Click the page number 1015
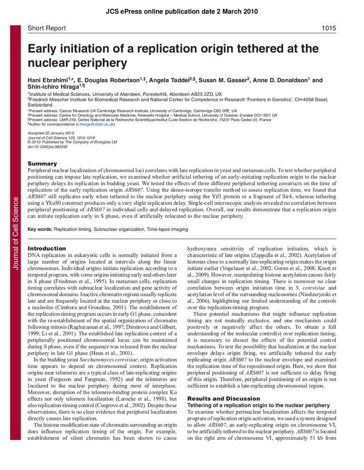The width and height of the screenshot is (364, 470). (329, 28)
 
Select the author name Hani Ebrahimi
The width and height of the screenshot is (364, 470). (47, 80)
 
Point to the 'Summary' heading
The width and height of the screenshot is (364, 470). (42, 163)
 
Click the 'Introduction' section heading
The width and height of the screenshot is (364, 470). (47, 248)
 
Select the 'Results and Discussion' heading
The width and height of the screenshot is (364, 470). (215, 399)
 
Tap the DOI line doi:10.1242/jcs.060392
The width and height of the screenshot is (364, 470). (48, 146)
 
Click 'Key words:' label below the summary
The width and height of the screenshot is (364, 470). (40, 229)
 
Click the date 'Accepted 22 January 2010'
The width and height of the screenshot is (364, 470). (51, 133)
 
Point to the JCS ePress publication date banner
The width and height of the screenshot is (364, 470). (182, 11)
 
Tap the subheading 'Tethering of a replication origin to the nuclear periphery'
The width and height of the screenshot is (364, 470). (259, 405)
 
